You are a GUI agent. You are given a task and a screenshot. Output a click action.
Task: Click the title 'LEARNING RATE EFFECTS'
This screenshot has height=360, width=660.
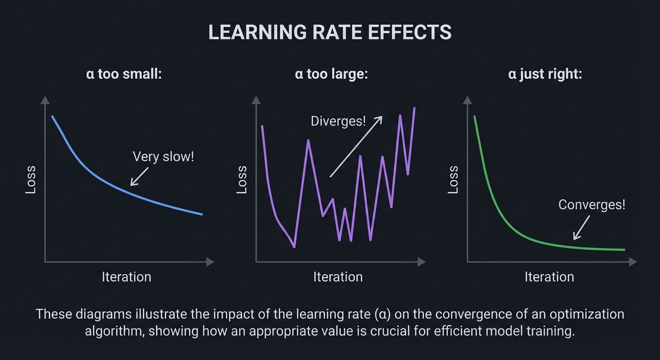point(330,32)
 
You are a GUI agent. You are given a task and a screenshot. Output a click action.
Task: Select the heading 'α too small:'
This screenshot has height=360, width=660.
point(124,74)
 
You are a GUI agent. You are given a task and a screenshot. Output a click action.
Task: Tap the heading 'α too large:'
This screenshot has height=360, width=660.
point(331,74)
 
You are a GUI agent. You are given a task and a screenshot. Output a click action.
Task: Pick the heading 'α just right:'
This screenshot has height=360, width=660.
point(545,74)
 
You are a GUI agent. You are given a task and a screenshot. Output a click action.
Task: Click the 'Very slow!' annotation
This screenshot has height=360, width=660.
point(163,157)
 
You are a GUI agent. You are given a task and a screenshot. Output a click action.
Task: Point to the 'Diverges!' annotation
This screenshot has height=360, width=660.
point(338,121)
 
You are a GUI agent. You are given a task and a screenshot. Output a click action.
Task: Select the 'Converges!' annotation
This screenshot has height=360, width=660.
point(592,205)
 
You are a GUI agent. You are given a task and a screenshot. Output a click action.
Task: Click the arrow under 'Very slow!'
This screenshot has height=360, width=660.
point(139,177)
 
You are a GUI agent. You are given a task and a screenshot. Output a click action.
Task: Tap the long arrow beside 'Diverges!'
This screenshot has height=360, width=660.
point(356,147)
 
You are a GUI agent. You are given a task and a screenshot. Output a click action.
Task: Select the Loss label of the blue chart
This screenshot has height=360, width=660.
point(30,180)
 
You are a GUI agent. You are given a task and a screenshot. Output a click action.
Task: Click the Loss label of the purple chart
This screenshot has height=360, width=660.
point(242,180)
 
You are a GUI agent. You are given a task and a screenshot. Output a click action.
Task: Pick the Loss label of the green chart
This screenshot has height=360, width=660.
point(453,180)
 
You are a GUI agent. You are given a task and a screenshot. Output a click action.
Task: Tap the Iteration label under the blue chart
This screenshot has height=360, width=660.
point(127,277)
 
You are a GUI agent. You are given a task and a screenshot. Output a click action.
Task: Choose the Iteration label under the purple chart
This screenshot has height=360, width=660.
point(338,277)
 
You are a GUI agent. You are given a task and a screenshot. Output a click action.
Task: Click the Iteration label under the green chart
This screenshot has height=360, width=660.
point(549,277)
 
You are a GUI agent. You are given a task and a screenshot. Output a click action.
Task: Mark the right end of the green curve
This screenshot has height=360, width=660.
point(624,250)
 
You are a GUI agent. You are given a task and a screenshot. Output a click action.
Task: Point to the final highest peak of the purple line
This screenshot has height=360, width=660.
point(414,108)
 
